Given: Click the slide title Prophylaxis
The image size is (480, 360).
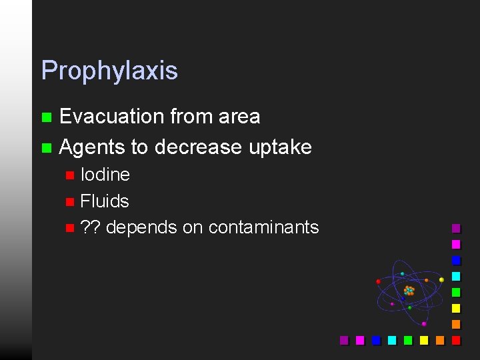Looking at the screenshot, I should (109, 71).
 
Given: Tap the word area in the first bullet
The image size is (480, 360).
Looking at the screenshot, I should (238, 117).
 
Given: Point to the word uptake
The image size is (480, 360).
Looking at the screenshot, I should (280, 147).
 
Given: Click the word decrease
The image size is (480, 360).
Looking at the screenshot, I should (199, 147).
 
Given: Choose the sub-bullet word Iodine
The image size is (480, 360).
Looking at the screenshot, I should (105, 175).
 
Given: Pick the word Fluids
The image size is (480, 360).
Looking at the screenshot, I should (105, 201).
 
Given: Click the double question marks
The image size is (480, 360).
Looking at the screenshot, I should (90, 227).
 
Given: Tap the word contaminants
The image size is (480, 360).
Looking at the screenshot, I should (263, 227).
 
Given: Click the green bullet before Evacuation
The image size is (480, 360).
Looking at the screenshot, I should (46, 117).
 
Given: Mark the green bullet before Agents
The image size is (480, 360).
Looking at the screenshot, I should (46, 147).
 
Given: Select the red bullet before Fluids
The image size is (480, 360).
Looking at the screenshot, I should (70, 201).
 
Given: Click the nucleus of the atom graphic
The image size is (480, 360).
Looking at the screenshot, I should (409, 291).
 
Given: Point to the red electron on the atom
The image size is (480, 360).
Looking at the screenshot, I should (378, 281).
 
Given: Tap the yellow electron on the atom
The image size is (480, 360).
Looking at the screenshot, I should (441, 279).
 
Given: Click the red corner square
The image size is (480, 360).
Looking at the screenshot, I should (456, 340).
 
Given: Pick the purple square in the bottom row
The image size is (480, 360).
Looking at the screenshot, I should (344, 340).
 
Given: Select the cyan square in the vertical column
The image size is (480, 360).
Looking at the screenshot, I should (456, 276).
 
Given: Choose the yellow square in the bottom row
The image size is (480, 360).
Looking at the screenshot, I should (424, 340).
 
